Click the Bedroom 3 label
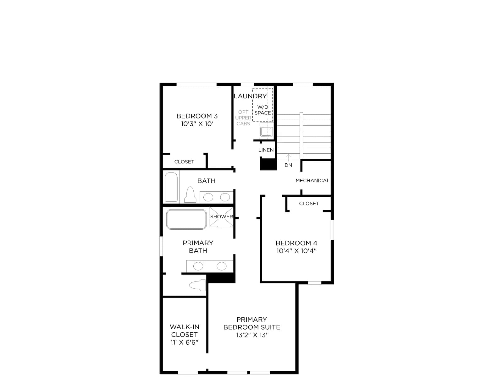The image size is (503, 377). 197,116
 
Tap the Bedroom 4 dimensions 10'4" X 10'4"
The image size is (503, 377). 296,251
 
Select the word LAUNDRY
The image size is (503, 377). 250,96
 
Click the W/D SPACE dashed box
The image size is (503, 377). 263,105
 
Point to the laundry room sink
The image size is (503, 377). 266,132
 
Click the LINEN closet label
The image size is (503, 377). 266,150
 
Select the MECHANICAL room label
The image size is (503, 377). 312,181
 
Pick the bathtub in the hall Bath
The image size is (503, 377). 171,187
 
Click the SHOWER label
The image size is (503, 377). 221,216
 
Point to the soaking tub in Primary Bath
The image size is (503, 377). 186,219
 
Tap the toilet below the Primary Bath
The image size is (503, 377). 197,285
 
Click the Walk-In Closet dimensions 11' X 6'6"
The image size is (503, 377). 184,342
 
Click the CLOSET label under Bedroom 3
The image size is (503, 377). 184,162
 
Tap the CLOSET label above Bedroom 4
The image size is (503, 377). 309,204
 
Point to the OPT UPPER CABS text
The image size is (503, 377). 243,118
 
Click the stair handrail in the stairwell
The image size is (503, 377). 301,135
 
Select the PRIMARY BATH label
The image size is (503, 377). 198,247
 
